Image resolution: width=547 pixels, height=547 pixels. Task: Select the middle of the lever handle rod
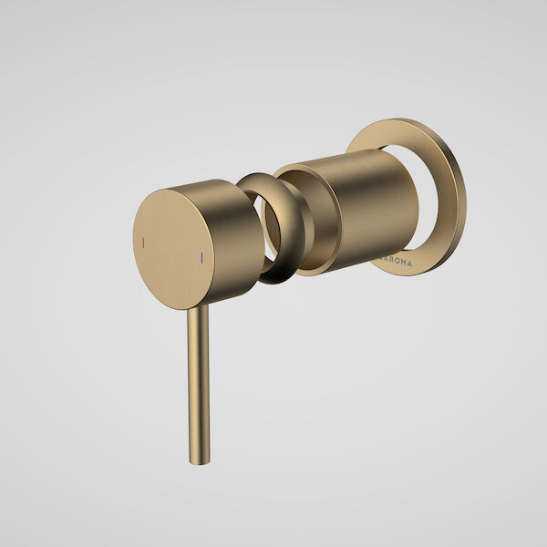click(194, 383)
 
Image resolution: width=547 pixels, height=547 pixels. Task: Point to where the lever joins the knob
click(195, 308)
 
